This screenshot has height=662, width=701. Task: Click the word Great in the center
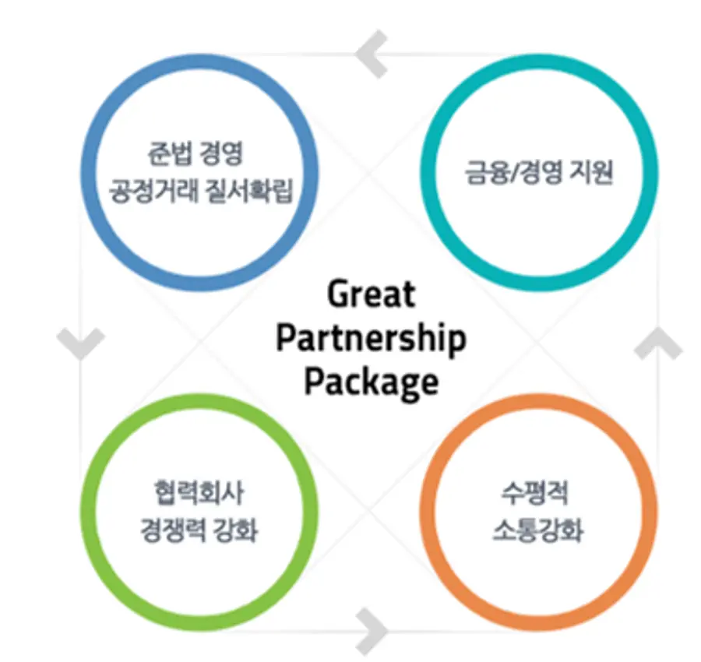(371, 295)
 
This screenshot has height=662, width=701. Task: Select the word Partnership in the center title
(371, 340)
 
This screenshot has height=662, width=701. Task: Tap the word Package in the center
(371, 383)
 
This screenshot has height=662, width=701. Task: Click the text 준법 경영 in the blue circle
(196, 152)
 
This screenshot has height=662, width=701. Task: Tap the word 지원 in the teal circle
(590, 172)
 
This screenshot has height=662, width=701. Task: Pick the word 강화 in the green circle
(235, 533)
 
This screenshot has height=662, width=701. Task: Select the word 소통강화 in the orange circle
(537, 533)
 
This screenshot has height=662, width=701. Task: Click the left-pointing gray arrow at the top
(371, 53)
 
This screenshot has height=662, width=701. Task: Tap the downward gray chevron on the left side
(80, 343)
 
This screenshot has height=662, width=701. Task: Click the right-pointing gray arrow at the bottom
(372, 629)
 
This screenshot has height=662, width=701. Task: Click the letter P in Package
(314, 383)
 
